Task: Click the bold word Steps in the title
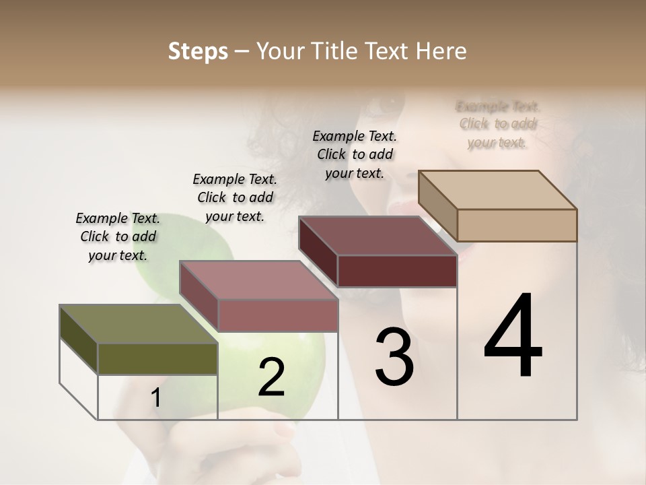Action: click(x=198, y=51)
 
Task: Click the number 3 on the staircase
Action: click(x=394, y=357)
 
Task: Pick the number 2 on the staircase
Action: click(x=272, y=377)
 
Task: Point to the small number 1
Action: click(x=156, y=398)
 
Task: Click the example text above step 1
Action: click(x=118, y=236)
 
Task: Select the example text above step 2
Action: click(x=235, y=197)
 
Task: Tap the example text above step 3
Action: click(x=355, y=154)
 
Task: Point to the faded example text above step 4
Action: click(x=498, y=124)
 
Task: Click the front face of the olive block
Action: click(x=157, y=359)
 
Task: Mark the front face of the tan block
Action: click(x=517, y=225)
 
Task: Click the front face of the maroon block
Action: click(x=397, y=271)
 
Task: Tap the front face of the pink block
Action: click(x=277, y=315)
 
